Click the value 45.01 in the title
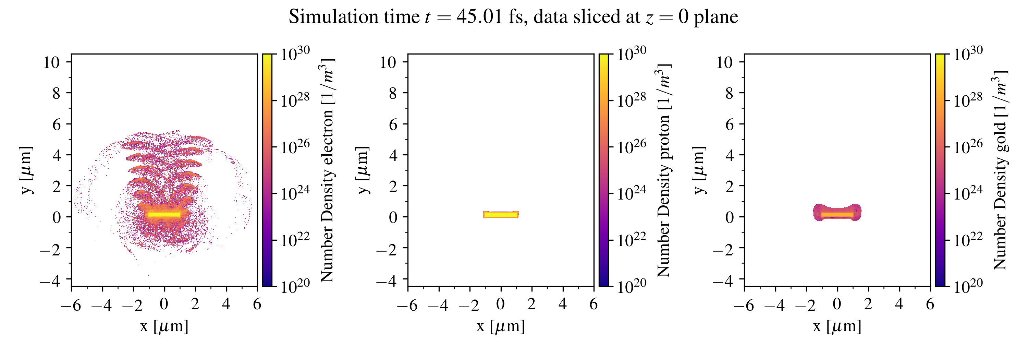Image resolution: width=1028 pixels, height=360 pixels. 479,17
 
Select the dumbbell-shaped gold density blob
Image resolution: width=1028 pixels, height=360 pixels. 837,213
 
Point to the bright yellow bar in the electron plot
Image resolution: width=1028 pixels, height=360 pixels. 164,215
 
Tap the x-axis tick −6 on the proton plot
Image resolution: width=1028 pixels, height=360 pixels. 407,305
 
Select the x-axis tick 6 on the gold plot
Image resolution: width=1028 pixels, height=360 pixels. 930,304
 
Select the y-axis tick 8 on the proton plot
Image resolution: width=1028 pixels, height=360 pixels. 393,93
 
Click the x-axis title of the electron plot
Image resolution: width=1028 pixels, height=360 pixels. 164,326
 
